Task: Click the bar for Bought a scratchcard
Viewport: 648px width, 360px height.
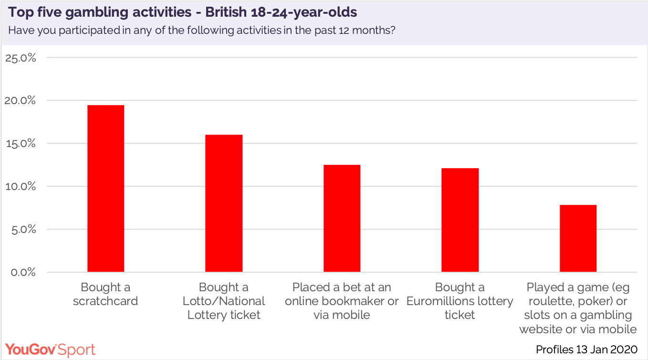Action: pos(105,189)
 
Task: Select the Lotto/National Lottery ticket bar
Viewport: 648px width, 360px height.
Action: pos(224,203)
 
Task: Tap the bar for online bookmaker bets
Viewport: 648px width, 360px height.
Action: pos(342,218)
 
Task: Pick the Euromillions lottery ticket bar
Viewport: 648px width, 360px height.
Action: pos(460,220)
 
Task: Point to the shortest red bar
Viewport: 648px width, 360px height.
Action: pos(578,238)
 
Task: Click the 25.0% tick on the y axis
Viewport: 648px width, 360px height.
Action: pos(21,58)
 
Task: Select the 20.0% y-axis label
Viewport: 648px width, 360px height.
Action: pos(21,101)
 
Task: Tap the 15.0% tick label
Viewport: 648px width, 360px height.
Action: pos(21,143)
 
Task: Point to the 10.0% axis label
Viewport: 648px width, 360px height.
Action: pos(21,186)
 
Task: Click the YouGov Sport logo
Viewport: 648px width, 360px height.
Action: pos(51,349)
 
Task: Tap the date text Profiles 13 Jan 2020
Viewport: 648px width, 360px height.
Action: pos(586,349)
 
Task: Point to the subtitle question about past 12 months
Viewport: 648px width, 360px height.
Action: pos(202,30)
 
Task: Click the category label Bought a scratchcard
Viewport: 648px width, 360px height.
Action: pos(105,294)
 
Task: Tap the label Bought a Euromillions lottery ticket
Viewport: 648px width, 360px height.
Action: pos(460,301)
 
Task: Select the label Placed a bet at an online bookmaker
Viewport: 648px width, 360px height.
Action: pos(342,301)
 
